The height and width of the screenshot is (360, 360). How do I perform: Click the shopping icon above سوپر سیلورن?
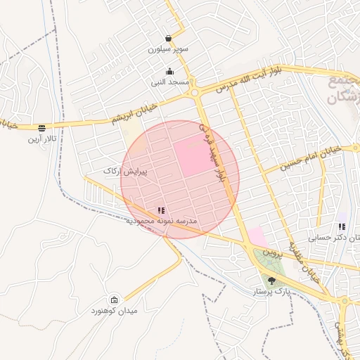[168, 38]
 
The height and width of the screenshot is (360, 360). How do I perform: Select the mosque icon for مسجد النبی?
[169, 71]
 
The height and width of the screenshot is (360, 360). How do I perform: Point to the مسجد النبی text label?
[169, 83]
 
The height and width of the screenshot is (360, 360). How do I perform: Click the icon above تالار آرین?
[42, 128]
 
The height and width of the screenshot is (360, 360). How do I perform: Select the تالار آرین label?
[41, 139]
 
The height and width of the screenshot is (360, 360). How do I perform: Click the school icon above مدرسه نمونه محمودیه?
[161, 210]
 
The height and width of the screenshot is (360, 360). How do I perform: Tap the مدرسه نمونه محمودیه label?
[162, 221]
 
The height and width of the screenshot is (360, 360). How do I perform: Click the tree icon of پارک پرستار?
[272, 280]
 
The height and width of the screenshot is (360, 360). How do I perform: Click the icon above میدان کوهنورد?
[115, 300]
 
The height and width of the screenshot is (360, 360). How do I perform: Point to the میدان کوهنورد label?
[114, 311]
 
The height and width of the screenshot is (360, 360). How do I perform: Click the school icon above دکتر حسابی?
[342, 226]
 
